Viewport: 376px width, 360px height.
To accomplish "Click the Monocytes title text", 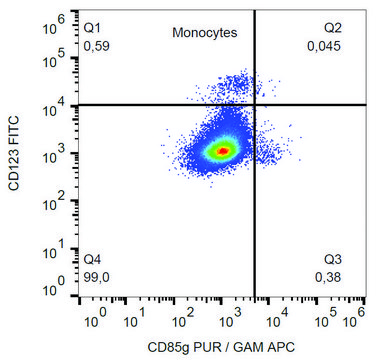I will pyautogui.click(x=205, y=33).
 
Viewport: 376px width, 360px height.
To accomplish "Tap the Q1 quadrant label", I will pyautogui.click(x=92, y=28).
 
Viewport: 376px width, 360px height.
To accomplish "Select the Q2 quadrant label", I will pyautogui.click(x=333, y=28).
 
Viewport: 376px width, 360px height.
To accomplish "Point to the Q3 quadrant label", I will pyautogui.click(x=333, y=259).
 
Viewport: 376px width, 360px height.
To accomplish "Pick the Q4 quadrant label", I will pyautogui.click(x=92, y=259).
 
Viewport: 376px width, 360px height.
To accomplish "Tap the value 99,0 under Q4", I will pyautogui.click(x=96, y=277).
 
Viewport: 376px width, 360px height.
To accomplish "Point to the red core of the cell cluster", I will pyautogui.click(x=223, y=150).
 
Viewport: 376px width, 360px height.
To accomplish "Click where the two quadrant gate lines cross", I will pyautogui.click(x=255, y=104).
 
